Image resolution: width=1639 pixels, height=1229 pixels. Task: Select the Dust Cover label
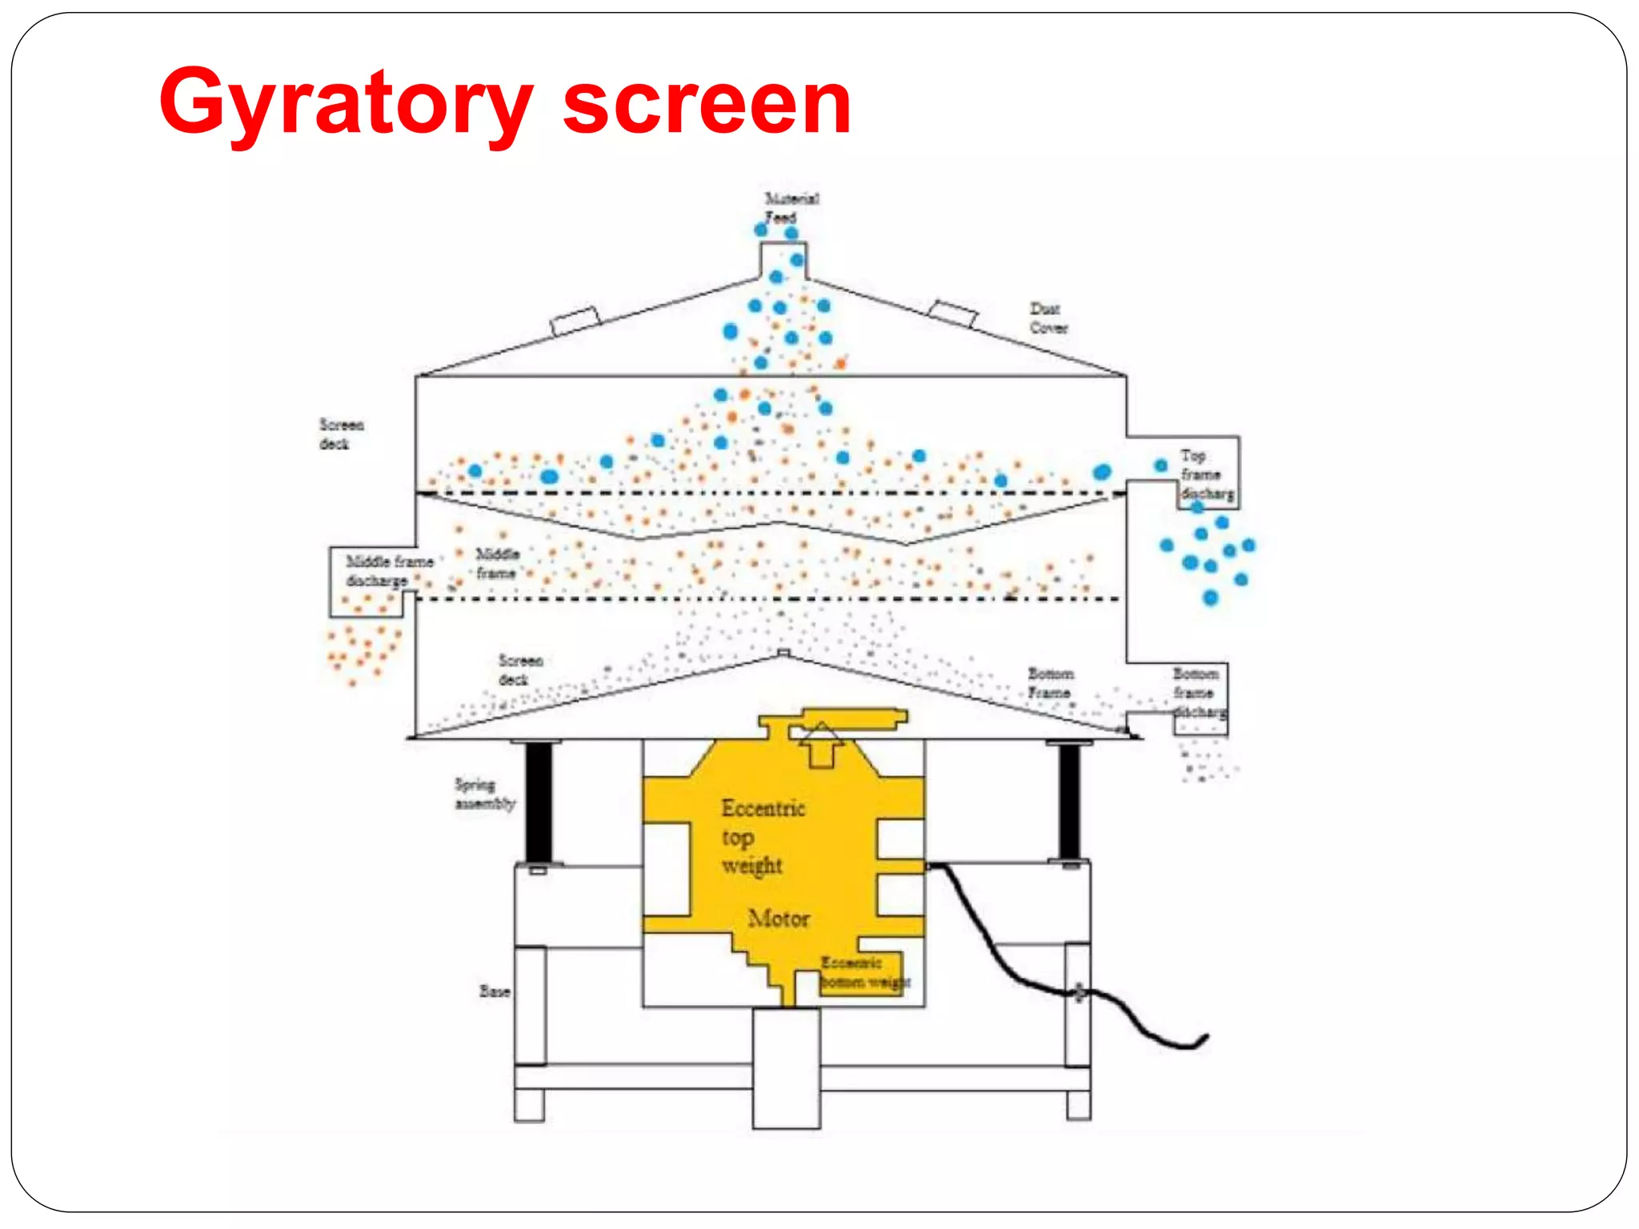tap(1048, 318)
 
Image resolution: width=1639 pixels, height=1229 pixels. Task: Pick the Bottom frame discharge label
tap(1197, 693)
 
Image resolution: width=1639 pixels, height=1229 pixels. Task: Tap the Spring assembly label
tap(484, 794)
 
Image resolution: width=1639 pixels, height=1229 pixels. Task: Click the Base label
tap(495, 991)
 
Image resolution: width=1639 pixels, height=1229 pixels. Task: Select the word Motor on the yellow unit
tap(778, 919)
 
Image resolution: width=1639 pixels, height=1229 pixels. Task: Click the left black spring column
tap(539, 802)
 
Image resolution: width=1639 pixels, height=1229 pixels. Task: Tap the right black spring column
tap(1069, 802)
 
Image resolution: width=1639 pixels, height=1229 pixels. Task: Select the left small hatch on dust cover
tap(575, 322)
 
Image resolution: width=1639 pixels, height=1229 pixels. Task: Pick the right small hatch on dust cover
tap(952, 314)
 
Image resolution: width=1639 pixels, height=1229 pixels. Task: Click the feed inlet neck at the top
tap(783, 260)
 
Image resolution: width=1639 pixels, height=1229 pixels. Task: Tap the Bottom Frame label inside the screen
tap(1050, 683)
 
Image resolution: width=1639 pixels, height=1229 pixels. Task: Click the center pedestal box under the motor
tap(786, 1067)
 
